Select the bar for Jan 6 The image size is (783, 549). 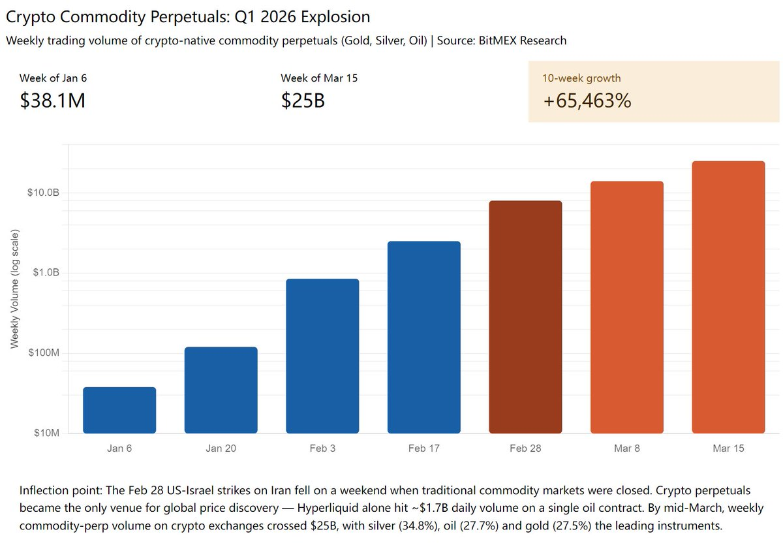[x=119, y=410]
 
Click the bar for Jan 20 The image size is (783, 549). [x=221, y=390]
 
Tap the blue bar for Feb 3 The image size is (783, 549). [x=322, y=356]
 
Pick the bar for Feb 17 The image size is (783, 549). [x=424, y=337]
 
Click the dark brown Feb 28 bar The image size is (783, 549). [x=525, y=317]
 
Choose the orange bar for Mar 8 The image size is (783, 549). [x=627, y=307]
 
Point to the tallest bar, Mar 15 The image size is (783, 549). [x=728, y=297]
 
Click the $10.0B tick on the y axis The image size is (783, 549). [x=44, y=193]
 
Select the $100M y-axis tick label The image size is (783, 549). [x=44, y=353]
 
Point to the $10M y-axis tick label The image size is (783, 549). [x=46, y=433]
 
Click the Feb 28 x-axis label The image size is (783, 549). [x=525, y=448]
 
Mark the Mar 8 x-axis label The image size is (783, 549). [x=627, y=448]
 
